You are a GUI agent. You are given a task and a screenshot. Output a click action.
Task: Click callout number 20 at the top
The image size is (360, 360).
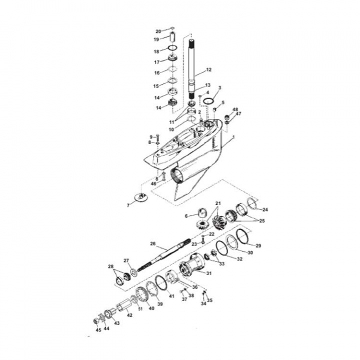pyautogui.click(x=158, y=31)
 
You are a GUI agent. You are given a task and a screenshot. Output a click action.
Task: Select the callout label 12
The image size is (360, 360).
pyautogui.click(x=209, y=70)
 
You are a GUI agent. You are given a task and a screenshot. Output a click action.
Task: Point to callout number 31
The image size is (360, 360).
pyautogui.click(x=209, y=273)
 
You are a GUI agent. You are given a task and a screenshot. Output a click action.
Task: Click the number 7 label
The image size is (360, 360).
pyautogui.click(x=128, y=205)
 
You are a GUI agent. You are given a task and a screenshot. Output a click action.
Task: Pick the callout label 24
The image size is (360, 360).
pyautogui.click(x=265, y=209)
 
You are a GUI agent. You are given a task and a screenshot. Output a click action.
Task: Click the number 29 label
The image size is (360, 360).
pyautogui.click(x=258, y=246)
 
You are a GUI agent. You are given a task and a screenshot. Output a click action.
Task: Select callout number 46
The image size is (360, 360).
pyautogui.click(x=154, y=183)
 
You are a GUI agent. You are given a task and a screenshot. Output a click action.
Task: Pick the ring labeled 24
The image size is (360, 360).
pyautogui.click(x=253, y=203)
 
